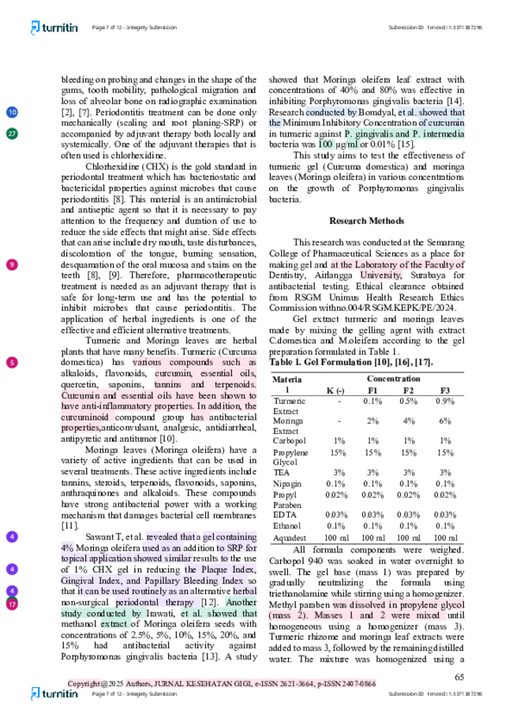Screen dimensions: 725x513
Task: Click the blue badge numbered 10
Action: point(12,112)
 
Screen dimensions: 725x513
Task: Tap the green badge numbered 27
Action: point(12,133)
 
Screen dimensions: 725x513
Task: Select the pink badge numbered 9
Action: point(12,264)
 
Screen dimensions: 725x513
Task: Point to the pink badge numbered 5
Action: point(12,363)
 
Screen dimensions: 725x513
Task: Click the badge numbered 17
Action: point(12,604)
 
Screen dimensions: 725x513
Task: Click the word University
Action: point(380,276)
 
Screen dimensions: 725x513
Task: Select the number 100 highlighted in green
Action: point(326,145)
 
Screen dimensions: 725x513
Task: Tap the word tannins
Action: point(169,384)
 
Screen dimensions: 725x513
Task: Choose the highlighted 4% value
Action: point(67,547)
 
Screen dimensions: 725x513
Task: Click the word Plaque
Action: point(225,570)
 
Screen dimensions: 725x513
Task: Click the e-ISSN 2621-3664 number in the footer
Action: point(278,683)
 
